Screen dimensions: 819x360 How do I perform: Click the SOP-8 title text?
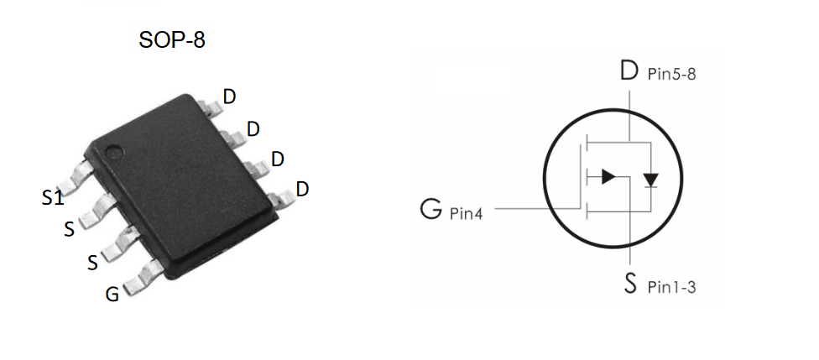tap(172, 40)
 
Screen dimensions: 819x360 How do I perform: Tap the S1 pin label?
tap(53, 198)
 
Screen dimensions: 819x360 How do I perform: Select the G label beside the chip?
tap(112, 295)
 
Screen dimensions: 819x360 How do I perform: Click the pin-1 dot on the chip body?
tap(114, 154)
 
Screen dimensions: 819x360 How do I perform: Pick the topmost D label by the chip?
tap(229, 97)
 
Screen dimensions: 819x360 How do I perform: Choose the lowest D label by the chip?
tap(302, 189)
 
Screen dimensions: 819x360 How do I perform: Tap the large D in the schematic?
tap(629, 70)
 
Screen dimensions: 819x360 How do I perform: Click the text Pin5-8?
tap(671, 74)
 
